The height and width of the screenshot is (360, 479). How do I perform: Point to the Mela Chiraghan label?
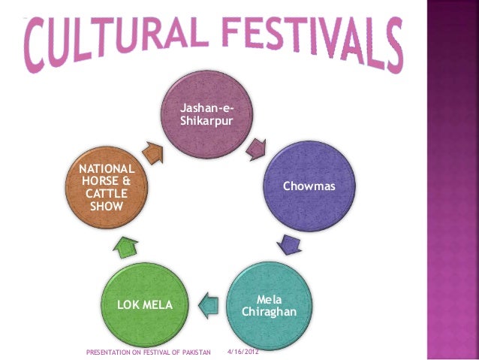(270, 305)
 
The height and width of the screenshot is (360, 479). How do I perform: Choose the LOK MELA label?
(144, 305)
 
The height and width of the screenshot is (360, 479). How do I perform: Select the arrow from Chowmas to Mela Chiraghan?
(288, 244)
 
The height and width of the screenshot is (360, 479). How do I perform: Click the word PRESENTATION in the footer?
(109, 351)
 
